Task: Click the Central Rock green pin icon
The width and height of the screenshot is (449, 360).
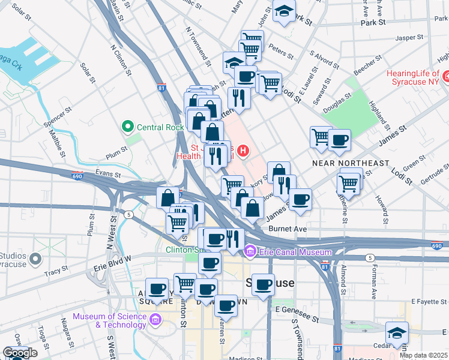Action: click(x=127, y=127)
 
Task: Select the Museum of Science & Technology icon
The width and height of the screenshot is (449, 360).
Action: click(x=157, y=319)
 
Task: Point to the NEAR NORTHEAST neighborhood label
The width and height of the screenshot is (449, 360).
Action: click(x=351, y=163)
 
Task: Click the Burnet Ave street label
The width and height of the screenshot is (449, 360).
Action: click(x=288, y=229)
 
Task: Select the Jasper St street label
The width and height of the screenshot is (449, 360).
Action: click(x=410, y=37)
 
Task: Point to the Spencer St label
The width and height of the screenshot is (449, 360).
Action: click(x=59, y=118)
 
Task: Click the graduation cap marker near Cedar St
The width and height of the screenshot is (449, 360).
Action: click(x=397, y=333)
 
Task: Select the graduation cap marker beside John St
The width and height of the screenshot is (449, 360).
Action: click(x=284, y=11)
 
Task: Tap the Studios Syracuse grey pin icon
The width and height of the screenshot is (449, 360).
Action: click(x=35, y=259)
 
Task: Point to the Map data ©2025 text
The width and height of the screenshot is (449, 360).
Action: click(x=423, y=355)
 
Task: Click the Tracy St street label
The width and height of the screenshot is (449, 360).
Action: click(x=56, y=272)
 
